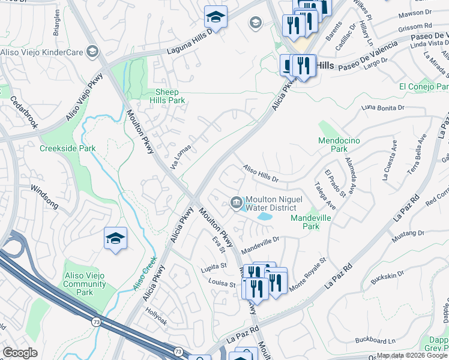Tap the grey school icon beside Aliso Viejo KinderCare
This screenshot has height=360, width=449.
(92, 52)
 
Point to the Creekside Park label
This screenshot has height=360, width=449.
(67, 148)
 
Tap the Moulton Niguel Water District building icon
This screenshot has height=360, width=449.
(236, 203)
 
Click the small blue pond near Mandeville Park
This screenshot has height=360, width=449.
(264, 216)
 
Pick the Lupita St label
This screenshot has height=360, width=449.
(214, 265)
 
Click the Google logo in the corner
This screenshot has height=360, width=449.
(20, 353)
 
